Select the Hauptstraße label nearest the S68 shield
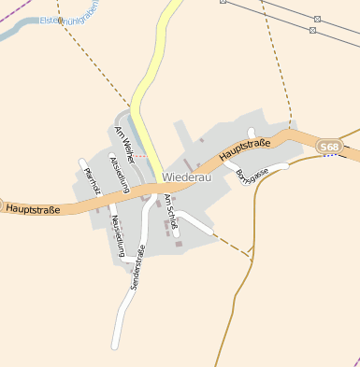pos(245,148)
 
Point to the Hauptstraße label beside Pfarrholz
pos(33,209)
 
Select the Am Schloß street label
pos(171,211)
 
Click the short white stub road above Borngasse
pos(251,134)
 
